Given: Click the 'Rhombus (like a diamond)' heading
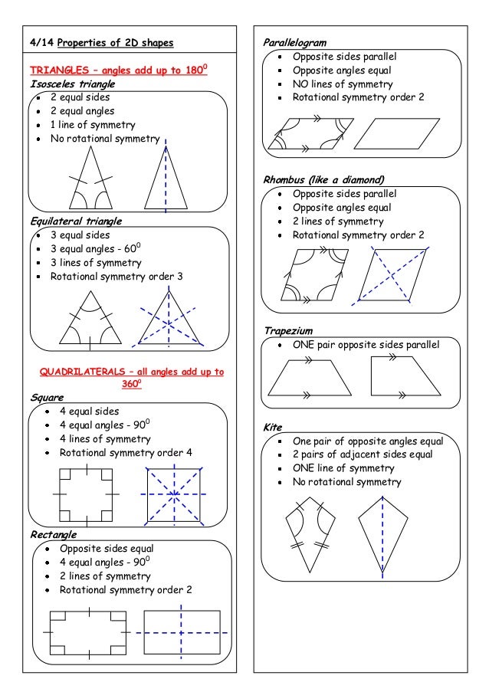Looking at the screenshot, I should tap(323, 180).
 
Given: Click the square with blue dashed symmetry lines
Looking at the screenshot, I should tap(176, 495).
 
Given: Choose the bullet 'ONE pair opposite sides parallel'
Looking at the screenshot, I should tap(366, 345).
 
